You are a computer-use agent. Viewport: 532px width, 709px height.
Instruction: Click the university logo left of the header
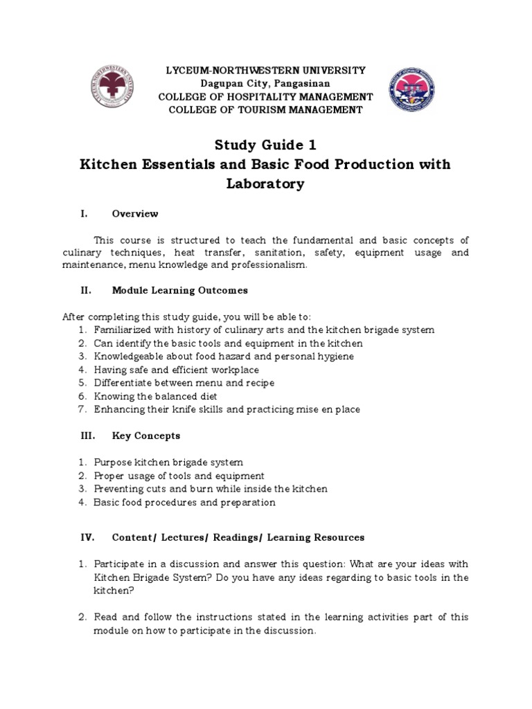[112, 90]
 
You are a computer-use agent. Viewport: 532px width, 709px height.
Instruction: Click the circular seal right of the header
[416, 90]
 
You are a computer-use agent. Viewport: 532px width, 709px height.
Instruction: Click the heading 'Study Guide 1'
[266, 145]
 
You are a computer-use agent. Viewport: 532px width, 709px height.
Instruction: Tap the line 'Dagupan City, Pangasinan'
[266, 84]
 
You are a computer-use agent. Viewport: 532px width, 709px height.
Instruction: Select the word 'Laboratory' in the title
[266, 184]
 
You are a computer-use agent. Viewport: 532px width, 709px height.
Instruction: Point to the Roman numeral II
[85, 290]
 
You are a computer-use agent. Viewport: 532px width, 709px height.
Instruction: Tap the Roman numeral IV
[86, 537]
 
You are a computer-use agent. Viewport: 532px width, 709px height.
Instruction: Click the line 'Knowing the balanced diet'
[156, 396]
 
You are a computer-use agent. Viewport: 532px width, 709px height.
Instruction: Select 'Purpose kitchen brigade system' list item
[168, 462]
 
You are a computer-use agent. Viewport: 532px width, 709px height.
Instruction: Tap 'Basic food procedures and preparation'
[184, 502]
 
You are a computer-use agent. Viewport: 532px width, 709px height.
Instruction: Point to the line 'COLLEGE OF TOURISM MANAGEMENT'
[266, 110]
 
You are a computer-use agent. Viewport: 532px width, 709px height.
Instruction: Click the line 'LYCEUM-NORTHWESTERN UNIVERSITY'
[266, 71]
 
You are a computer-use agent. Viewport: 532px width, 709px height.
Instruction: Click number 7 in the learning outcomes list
[82, 409]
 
